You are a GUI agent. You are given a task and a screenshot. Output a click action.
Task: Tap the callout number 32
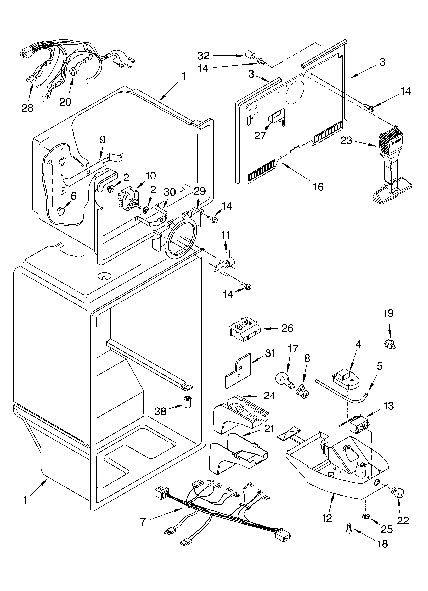pos(203,56)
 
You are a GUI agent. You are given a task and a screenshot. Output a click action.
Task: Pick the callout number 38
pos(160,412)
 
